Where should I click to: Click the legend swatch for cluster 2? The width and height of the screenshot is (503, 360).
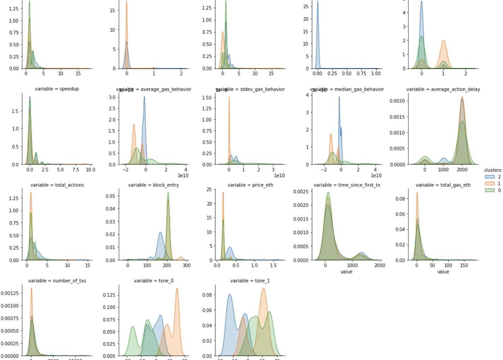pyautogui.click(x=490, y=177)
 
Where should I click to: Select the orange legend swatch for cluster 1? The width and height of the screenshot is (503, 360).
pyautogui.click(x=490, y=184)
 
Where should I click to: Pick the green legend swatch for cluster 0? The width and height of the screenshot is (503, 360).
pyautogui.click(x=490, y=190)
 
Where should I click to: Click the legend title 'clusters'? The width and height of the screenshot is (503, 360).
pyautogui.click(x=492, y=170)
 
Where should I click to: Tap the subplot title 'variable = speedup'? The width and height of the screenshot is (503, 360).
pyautogui.click(x=57, y=89)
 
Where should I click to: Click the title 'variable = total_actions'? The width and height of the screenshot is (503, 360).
pyautogui.click(x=57, y=185)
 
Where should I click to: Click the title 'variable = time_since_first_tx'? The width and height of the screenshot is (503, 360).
pyautogui.click(x=347, y=185)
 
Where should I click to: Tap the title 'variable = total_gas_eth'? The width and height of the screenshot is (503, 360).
pyautogui.click(x=443, y=185)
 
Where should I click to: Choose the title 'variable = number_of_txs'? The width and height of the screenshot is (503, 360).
pyautogui.click(x=57, y=281)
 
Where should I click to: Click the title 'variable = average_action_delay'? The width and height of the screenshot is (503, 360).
pyautogui.click(x=443, y=89)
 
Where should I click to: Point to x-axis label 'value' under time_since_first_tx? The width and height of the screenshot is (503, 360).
pyautogui.click(x=347, y=272)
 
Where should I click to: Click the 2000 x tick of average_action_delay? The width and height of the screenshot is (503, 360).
pyautogui.click(x=462, y=170)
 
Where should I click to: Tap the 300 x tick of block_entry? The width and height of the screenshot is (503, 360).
pyautogui.click(x=186, y=265)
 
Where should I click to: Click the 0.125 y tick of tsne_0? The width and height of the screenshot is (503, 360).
pyautogui.click(x=111, y=295)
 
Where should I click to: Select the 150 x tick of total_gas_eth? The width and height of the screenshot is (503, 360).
pyautogui.click(x=464, y=265)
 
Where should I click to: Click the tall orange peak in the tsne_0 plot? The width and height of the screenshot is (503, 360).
pyautogui.click(x=177, y=289)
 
